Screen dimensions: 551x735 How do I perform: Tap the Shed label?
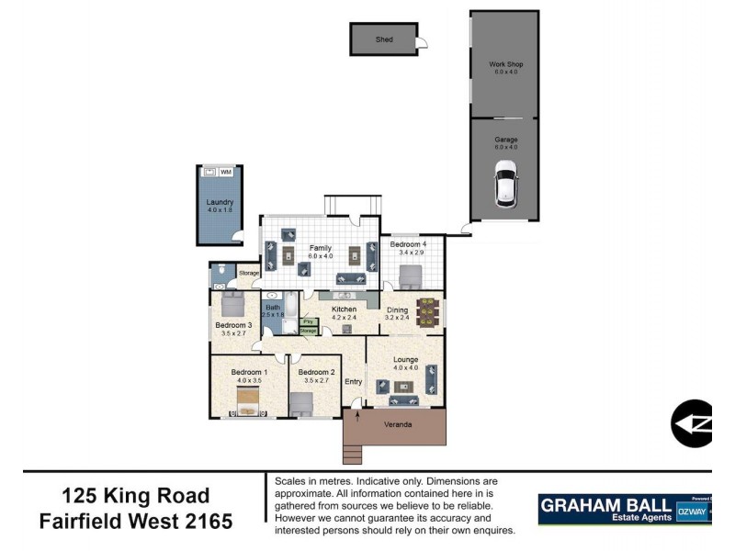tap(384, 40)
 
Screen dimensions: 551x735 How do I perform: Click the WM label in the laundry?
tap(225, 172)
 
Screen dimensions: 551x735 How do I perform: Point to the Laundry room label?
tap(220, 202)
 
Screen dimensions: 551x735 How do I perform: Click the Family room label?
tap(320, 248)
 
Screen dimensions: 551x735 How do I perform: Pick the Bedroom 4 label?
tap(408, 244)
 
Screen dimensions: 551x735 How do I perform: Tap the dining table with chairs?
tap(427, 311)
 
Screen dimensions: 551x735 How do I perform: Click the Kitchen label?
tap(344, 309)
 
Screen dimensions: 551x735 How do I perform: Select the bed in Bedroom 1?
tap(248, 400)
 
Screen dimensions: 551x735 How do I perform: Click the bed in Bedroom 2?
tap(302, 404)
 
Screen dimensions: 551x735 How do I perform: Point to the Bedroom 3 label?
tap(233, 325)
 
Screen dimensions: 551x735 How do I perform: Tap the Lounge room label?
tap(405, 359)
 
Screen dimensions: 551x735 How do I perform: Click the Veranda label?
tap(398, 425)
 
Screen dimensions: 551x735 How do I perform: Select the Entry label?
tap(354, 381)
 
